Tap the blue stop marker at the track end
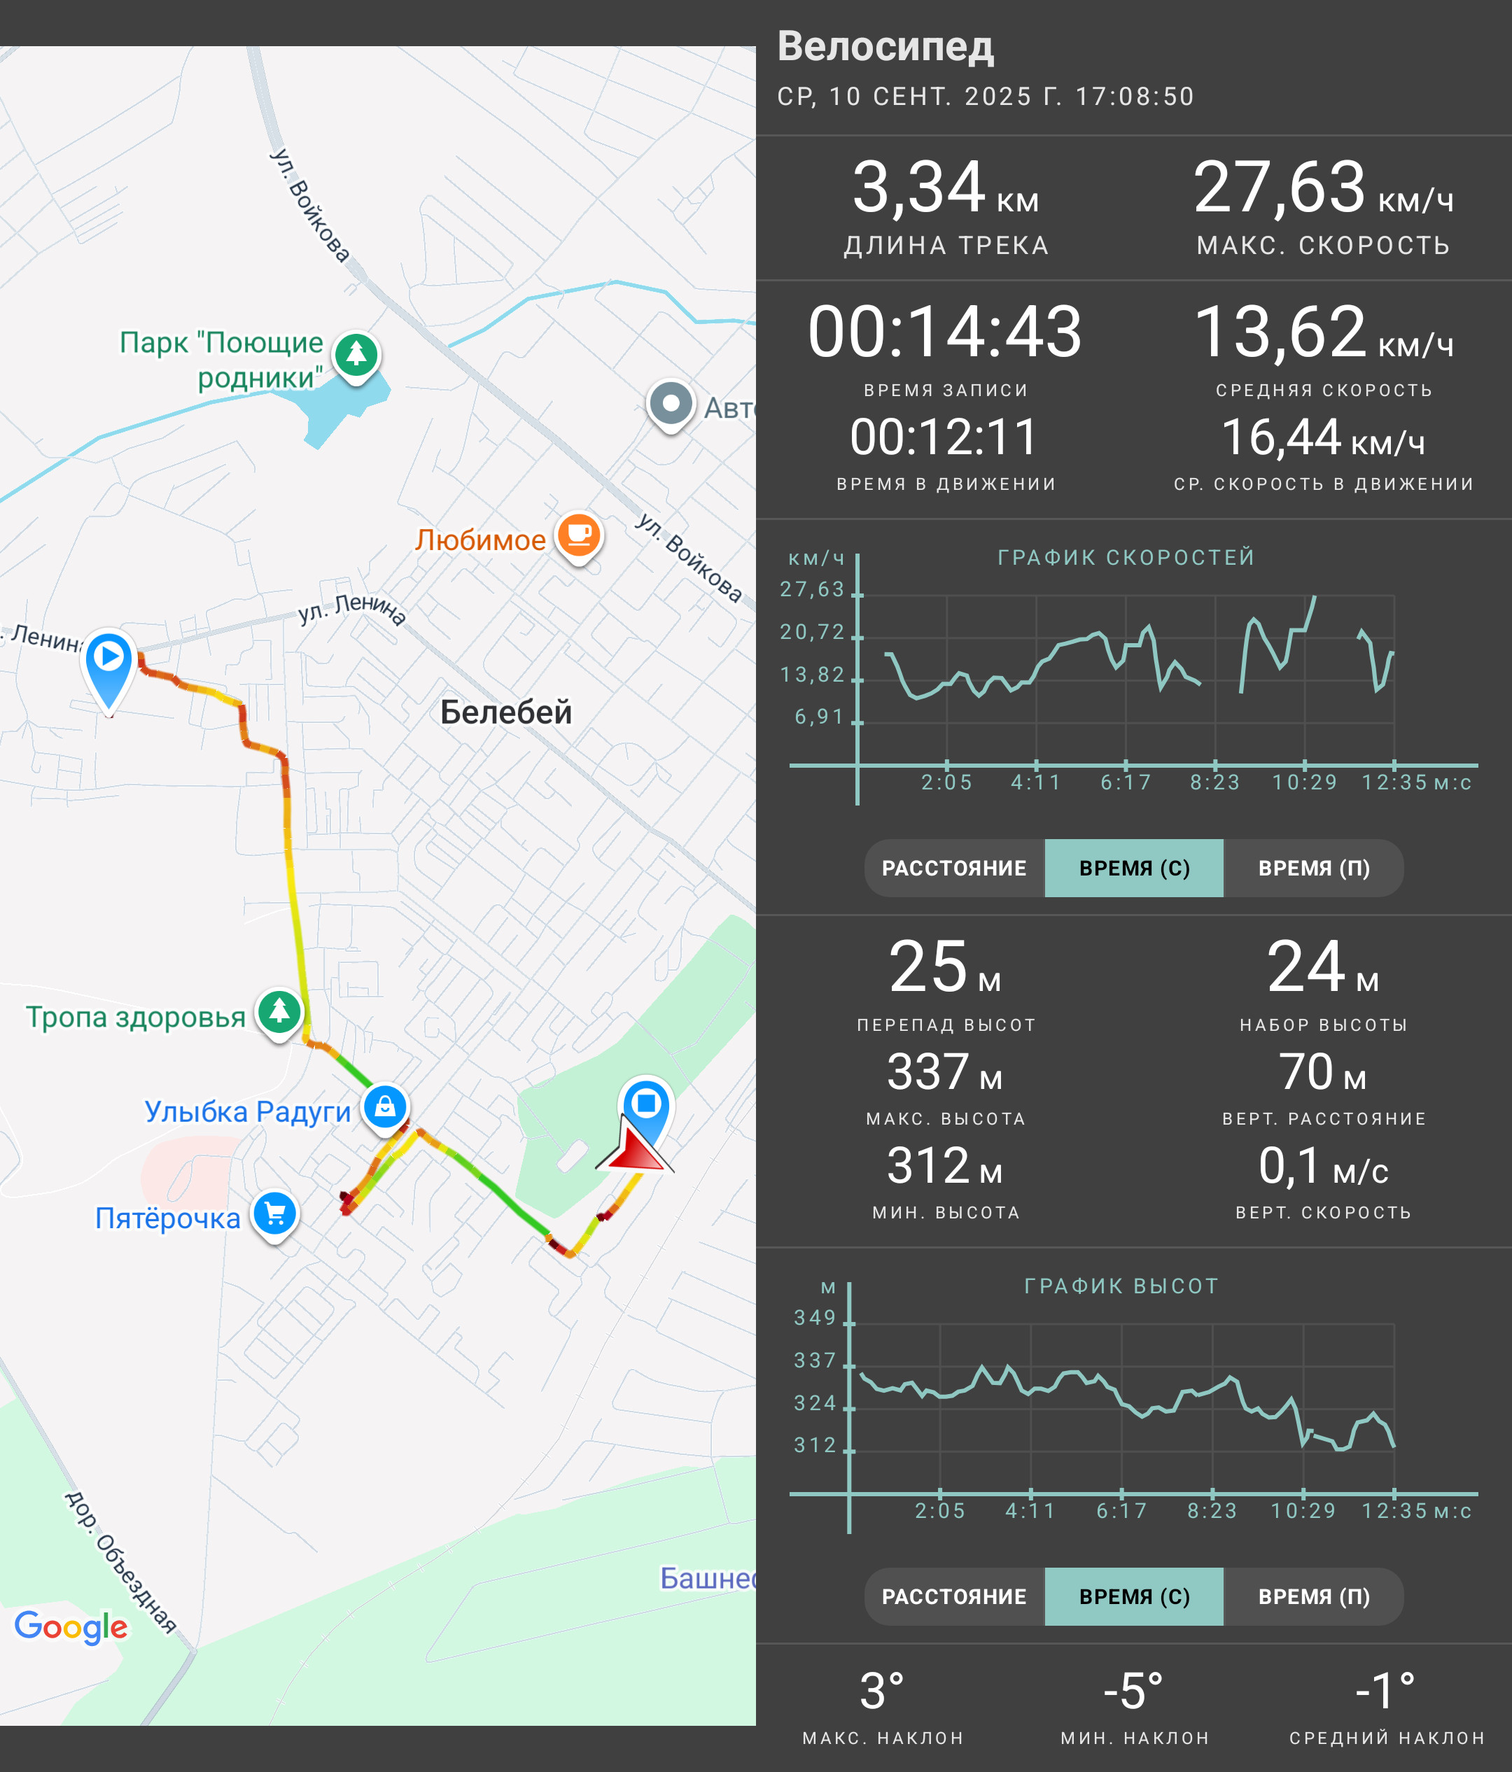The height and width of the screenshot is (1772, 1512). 647,1104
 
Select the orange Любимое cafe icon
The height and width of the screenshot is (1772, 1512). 579,535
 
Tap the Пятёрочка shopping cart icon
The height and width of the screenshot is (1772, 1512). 274,1214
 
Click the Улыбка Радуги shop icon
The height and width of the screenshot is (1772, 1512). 385,1106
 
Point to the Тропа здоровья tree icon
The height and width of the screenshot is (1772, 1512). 280,1013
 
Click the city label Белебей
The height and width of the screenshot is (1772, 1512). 505,712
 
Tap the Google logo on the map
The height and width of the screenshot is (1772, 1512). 71,1626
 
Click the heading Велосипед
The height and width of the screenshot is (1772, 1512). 885,46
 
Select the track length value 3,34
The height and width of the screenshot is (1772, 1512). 918,188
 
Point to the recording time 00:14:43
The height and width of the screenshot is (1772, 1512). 945,332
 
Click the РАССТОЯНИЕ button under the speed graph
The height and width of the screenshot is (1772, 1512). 954,868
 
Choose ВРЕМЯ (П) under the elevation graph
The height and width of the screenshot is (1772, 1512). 1314,1596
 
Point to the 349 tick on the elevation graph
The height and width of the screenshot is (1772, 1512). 815,1318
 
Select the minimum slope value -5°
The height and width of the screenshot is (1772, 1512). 1133,1691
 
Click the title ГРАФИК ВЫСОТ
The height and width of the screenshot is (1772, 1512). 1121,1286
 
